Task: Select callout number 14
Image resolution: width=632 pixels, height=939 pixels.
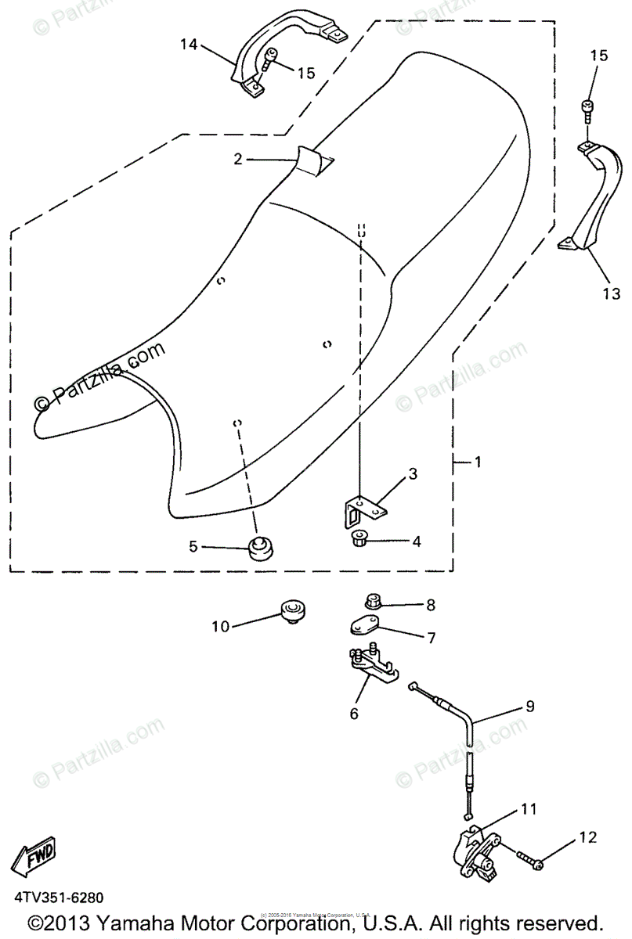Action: click(x=189, y=44)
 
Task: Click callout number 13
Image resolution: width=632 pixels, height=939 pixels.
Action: click(x=611, y=293)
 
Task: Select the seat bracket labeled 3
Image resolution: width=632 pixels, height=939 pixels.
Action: click(x=362, y=506)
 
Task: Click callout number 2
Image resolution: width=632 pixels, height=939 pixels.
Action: click(x=238, y=159)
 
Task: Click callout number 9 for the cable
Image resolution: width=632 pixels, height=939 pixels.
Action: click(x=530, y=707)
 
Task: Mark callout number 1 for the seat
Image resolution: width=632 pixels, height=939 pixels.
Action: click(x=477, y=462)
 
